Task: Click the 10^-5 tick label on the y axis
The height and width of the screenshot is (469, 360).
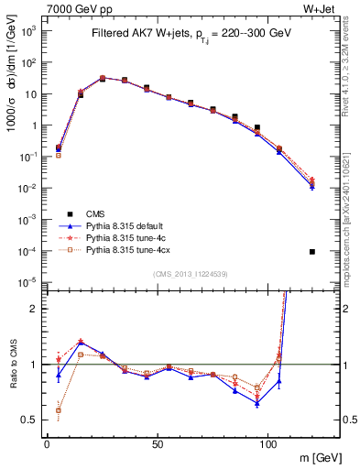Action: [x=28, y=282]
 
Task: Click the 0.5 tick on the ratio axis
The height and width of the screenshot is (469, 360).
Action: [x=29, y=420]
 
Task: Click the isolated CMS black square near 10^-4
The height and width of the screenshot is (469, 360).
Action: [x=312, y=251]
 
